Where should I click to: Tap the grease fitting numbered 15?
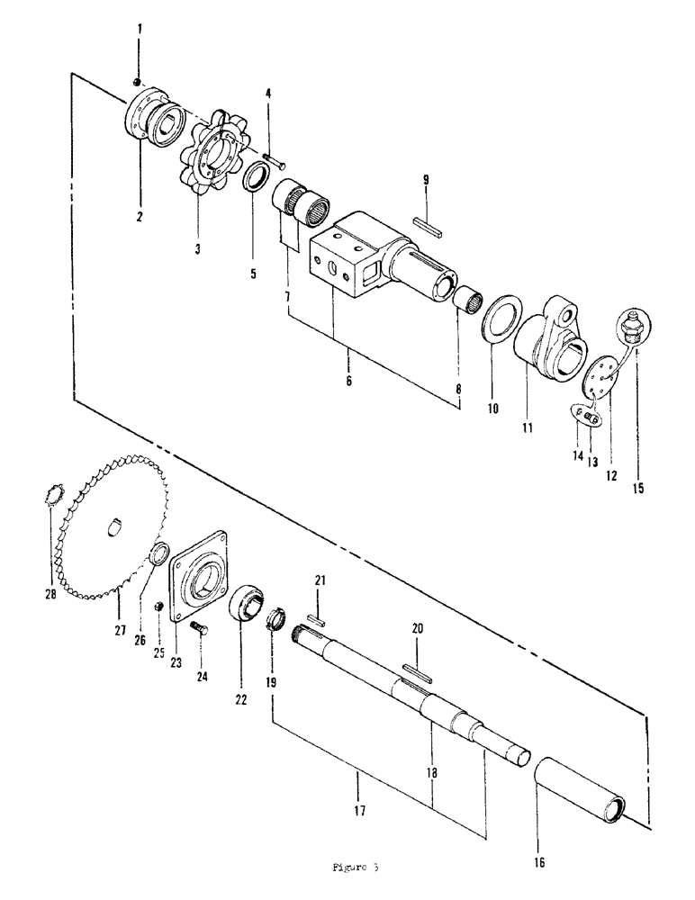(628, 327)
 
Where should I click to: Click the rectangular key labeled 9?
(428, 224)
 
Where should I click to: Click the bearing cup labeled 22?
(247, 606)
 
